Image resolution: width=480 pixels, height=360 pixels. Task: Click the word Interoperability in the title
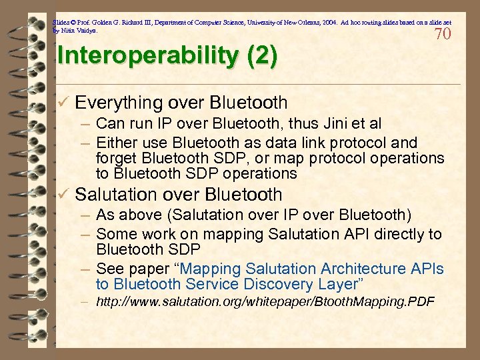[150, 56]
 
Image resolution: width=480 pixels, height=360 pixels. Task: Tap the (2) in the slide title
[262, 56]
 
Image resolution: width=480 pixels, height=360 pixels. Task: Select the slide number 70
[443, 34]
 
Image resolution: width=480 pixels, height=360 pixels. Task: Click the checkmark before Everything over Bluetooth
[63, 103]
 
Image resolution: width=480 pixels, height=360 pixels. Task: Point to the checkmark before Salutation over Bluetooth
[63, 195]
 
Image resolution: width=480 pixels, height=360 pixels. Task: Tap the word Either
[114, 143]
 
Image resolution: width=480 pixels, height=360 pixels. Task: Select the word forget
[117, 158]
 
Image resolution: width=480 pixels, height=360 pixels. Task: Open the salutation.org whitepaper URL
[265, 303]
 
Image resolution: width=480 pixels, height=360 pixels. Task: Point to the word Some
[114, 234]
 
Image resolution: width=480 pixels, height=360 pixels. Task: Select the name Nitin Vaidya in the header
[78, 31]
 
